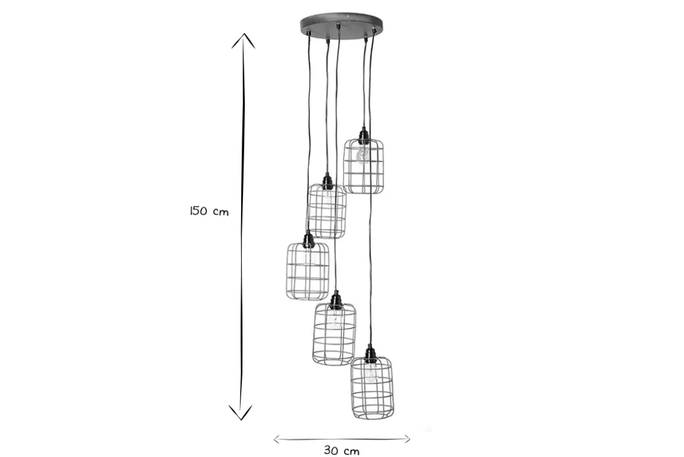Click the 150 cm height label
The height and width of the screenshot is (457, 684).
pyautogui.click(x=209, y=211)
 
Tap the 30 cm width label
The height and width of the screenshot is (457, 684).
pyautogui.click(x=341, y=450)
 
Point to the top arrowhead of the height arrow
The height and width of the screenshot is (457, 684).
pyautogui.click(x=243, y=40)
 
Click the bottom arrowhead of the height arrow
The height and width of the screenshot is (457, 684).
pyautogui.click(x=241, y=413)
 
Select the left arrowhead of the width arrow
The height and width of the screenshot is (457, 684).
pyautogui.click(x=278, y=439)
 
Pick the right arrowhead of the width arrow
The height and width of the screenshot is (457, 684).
pyautogui.click(x=406, y=439)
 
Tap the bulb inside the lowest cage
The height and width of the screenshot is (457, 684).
pyautogui.click(x=371, y=372)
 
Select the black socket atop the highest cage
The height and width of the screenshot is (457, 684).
pyautogui.click(x=363, y=136)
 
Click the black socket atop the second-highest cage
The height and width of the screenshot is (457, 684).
pyautogui.click(x=327, y=181)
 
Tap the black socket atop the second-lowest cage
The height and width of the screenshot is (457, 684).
pyautogui.click(x=335, y=301)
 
